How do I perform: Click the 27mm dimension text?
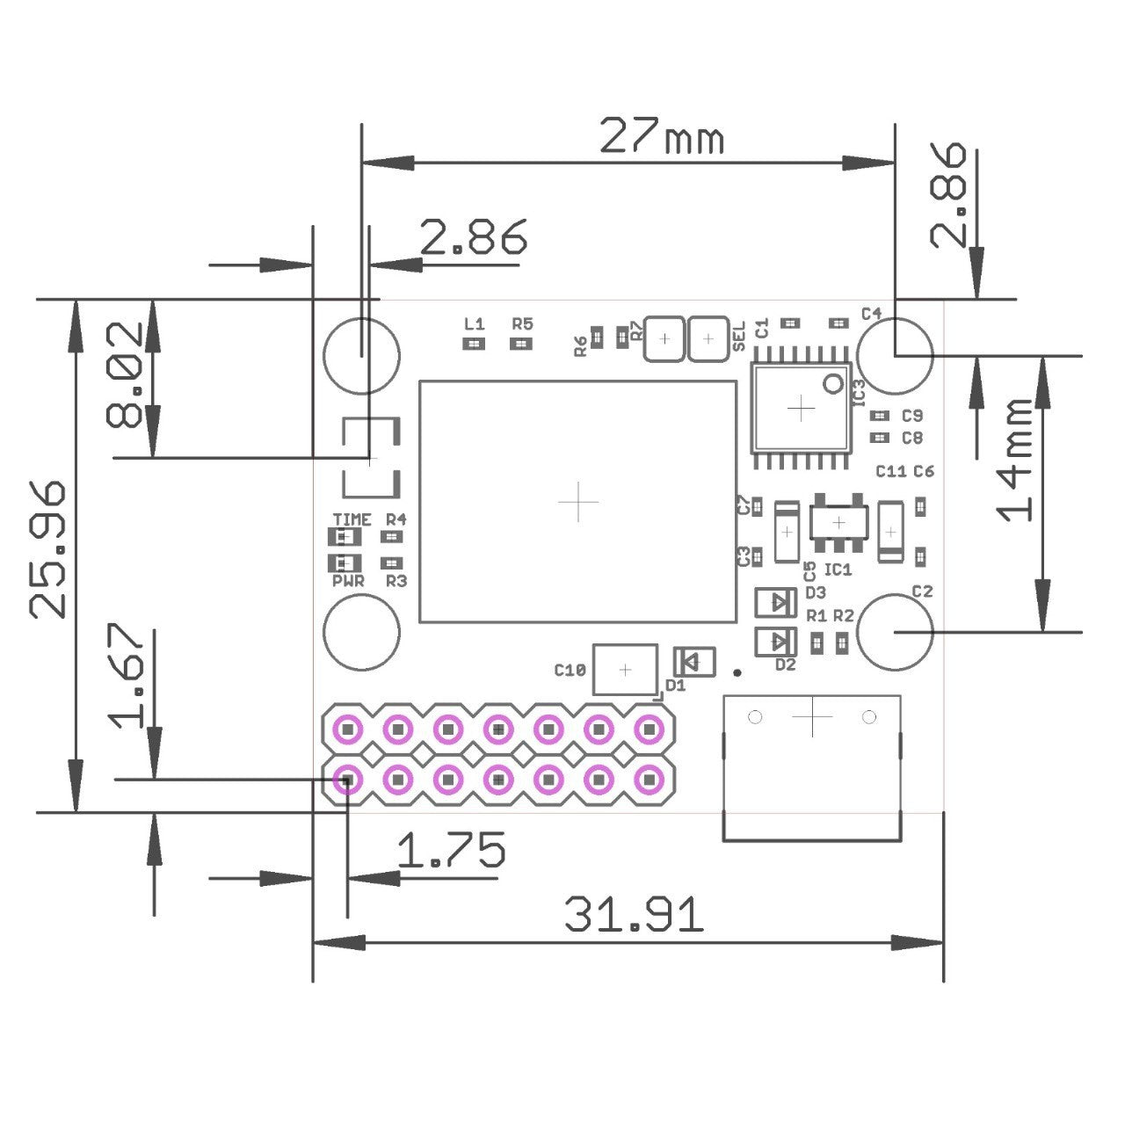661,137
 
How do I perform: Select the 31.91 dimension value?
633,915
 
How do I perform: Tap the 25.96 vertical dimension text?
48,548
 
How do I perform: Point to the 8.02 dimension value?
124,374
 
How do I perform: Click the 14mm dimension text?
1017,459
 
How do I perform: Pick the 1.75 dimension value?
451,851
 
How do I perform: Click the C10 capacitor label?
570,671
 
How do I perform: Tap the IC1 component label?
838,570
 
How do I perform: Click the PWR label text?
348,581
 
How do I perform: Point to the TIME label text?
352,519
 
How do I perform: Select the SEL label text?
738,336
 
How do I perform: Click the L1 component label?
474,323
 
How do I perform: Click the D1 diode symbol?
694,661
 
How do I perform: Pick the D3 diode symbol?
776,602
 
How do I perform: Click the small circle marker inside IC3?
831,383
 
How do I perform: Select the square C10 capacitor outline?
625,670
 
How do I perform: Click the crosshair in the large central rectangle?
578,502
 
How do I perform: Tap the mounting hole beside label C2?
894,631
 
